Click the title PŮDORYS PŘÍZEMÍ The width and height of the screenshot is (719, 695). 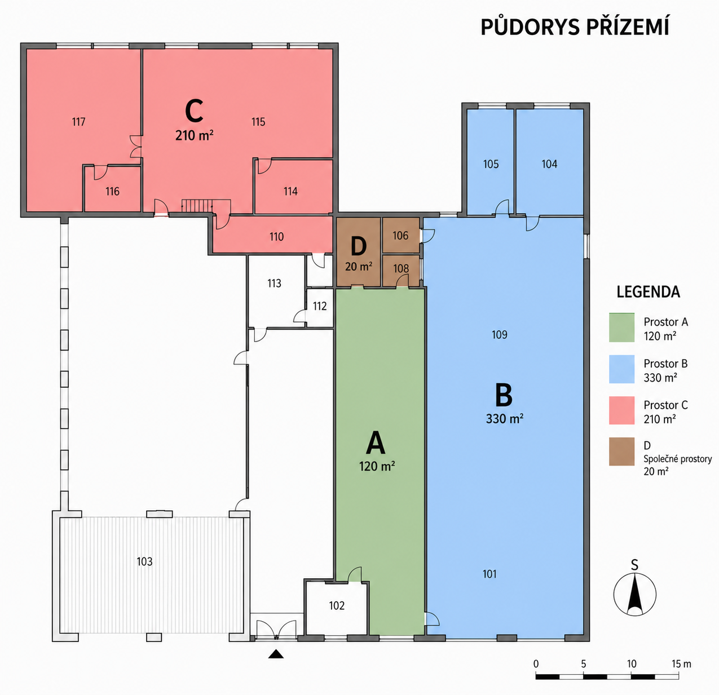click(575, 26)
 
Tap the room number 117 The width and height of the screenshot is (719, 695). click(79, 122)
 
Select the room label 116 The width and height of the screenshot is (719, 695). click(112, 191)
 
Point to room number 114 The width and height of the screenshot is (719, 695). click(290, 191)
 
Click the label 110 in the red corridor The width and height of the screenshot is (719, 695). click(276, 237)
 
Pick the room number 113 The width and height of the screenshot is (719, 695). click(274, 284)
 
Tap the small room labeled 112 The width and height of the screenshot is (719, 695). click(320, 306)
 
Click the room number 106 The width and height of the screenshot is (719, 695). click(400, 236)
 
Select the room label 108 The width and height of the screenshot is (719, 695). click(401, 268)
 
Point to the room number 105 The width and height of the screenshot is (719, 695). click(491, 164)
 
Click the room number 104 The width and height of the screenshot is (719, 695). click(549, 164)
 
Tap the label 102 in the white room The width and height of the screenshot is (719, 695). click(337, 605)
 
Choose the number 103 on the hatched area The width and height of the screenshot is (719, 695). click(144, 561)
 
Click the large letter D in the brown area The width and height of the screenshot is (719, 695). click(359, 247)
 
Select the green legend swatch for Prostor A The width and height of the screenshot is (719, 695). click(622, 327)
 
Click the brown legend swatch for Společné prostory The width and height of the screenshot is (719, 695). click(622, 451)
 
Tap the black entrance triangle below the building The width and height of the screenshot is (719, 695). click(276, 654)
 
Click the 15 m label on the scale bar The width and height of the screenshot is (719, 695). click(681, 664)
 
